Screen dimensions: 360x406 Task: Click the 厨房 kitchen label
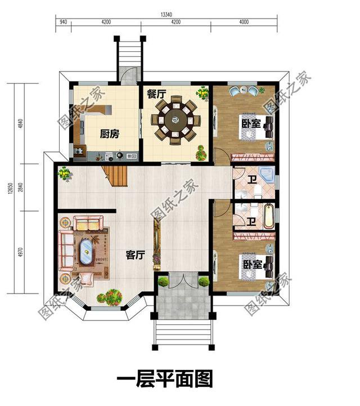click(x=110, y=134)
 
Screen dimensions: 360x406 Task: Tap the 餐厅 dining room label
click(x=156, y=94)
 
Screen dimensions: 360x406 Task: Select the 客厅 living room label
click(x=135, y=255)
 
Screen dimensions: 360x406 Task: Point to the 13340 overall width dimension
click(x=166, y=15)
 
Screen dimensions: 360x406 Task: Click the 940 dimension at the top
click(x=64, y=22)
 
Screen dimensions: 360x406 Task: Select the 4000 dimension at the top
click(x=244, y=22)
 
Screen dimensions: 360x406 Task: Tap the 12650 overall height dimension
click(x=10, y=188)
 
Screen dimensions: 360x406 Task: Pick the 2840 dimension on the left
click(x=21, y=187)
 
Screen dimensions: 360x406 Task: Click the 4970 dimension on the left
click(x=21, y=252)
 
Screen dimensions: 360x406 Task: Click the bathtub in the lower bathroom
click(x=269, y=216)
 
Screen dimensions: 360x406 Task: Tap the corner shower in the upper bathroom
click(x=267, y=174)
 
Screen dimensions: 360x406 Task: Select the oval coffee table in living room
click(x=86, y=252)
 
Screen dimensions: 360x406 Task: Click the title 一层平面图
click(x=165, y=378)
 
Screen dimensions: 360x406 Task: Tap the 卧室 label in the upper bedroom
click(x=251, y=123)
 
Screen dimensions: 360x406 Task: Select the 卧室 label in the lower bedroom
click(x=253, y=264)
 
